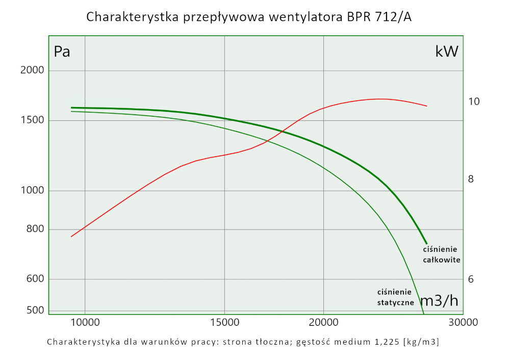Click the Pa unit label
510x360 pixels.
point(62,52)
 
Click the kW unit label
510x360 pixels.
point(447,51)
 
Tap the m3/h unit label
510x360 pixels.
point(439,301)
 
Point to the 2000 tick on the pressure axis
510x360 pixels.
point(32,70)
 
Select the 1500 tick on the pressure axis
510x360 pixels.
point(32,120)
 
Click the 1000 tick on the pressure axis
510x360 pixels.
point(32,191)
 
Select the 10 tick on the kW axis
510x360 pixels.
point(474,101)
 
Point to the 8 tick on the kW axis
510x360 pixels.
point(471,179)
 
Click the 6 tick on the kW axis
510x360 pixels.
point(471,279)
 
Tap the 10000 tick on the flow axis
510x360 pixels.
point(85,322)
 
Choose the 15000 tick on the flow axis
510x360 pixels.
point(224,322)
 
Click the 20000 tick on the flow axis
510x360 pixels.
point(323,322)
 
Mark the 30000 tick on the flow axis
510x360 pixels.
point(463,322)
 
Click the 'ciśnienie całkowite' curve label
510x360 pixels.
point(442,254)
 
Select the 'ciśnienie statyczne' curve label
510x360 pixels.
point(395,297)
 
